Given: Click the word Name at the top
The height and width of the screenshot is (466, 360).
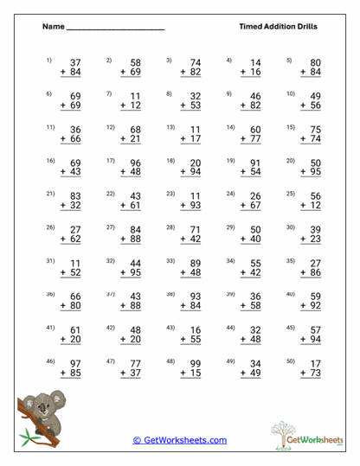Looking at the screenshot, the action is pyautogui.click(x=53, y=27).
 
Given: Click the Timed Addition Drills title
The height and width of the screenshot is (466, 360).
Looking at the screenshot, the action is pyautogui.click(x=278, y=27).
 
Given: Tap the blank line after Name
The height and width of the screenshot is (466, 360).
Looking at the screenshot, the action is pyautogui.click(x=115, y=29).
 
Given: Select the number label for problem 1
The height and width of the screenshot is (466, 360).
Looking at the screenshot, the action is pyautogui.click(x=49, y=61).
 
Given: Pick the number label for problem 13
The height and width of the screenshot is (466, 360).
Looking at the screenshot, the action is pyautogui.click(x=171, y=126).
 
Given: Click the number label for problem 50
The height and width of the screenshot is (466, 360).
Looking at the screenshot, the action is pyautogui.click(x=291, y=361).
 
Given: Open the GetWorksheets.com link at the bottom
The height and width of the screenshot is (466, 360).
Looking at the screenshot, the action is pyautogui.click(x=180, y=440).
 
